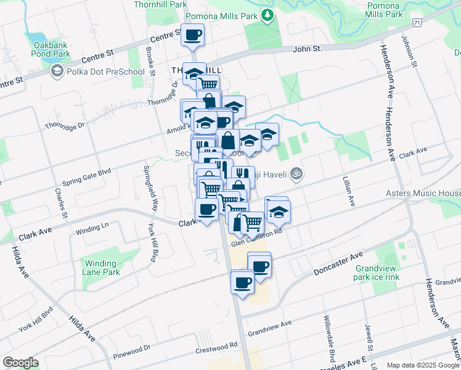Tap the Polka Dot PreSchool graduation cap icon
pyautogui.click(x=57, y=72)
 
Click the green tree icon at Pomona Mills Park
pyautogui.click(x=267, y=15)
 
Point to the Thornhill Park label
pyautogui.click(x=160, y=4)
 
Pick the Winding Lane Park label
pyautogui.click(x=101, y=267)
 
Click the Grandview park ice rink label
pyautogui.click(x=378, y=273)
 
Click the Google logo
pyautogui.click(x=20, y=363)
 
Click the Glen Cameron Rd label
pyautogui.click(x=256, y=236)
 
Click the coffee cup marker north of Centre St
pyautogui.click(x=192, y=35)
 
